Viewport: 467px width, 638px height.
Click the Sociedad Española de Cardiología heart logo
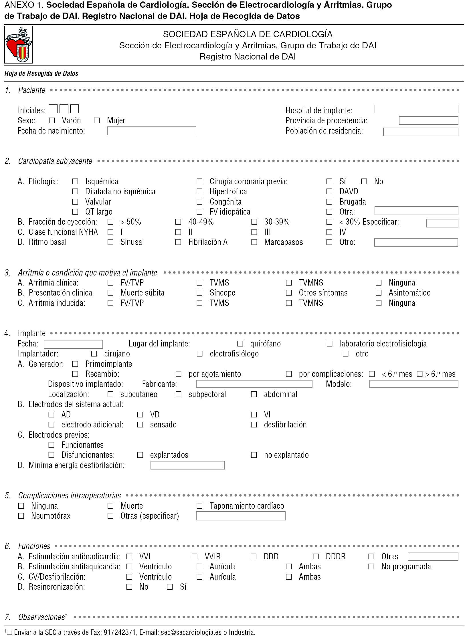pyautogui.click(x=18, y=45)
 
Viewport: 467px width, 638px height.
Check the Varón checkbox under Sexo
pyautogui.click(x=52, y=120)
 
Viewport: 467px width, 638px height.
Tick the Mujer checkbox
pyautogui.click(x=97, y=120)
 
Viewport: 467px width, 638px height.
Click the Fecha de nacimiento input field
pyautogui.click(x=151, y=131)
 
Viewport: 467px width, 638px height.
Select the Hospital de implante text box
pyautogui.click(x=416, y=109)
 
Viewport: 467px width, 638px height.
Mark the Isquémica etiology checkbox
pyautogui.click(x=75, y=181)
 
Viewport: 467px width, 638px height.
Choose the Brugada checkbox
pyautogui.click(x=329, y=202)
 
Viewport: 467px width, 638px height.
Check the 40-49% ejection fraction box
pyautogui.click(x=178, y=222)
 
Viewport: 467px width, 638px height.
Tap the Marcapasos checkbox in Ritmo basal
pyautogui.click(x=254, y=242)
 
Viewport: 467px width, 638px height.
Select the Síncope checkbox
pyautogui.click(x=199, y=293)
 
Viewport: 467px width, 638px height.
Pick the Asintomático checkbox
pyautogui.click(x=379, y=293)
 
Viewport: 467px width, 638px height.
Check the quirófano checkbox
pyautogui.click(x=240, y=344)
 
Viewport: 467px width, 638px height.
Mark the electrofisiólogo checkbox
pyautogui.click(x=199, y=354)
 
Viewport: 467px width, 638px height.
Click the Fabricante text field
pyautogui.click(x=254, y=384)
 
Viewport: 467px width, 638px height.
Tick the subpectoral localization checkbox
pyautogui.click(x=178, y=394)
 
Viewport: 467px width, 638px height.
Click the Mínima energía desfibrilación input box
pyautogui.click(x=187, y=465)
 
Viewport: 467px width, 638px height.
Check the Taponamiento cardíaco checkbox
pyautogui.click(x=199, y=506)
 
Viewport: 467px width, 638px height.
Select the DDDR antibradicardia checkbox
pyautogui.click(x=316, y=556)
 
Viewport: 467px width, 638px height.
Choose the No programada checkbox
pyautogui.click(x=371, y=566)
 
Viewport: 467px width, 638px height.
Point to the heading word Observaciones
pyautogui.click(x=41, y=617)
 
